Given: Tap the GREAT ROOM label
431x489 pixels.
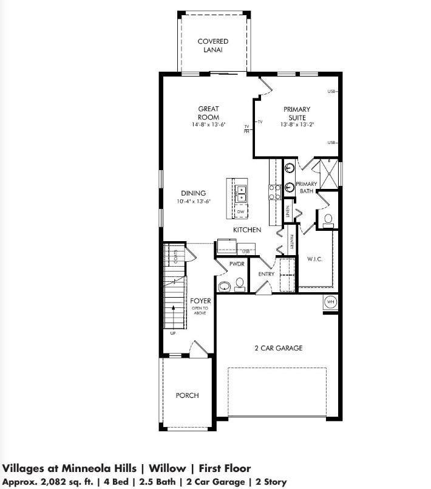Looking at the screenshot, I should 208,113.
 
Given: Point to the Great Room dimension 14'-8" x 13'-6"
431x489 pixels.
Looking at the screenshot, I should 208,125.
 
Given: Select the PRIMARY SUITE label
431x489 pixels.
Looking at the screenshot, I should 296,113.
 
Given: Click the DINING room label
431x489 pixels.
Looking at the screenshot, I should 193,193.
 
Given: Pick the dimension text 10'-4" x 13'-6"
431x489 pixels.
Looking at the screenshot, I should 193,202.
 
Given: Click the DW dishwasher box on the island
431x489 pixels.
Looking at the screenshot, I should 240,211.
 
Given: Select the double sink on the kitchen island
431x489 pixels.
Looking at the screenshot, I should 241,193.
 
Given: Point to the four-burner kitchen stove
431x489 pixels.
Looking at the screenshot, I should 274,193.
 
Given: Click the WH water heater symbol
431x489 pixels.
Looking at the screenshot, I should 330,302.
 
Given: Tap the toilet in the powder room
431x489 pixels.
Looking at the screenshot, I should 239,283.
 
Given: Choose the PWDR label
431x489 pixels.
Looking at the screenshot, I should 236,264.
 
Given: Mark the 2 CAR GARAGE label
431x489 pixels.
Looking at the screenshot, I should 278,348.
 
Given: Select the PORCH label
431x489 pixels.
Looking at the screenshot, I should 187,395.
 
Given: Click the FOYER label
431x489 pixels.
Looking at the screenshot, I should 200,301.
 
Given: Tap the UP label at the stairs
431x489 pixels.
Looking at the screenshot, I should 173,333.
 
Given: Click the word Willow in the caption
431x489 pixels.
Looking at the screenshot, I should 165,468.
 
